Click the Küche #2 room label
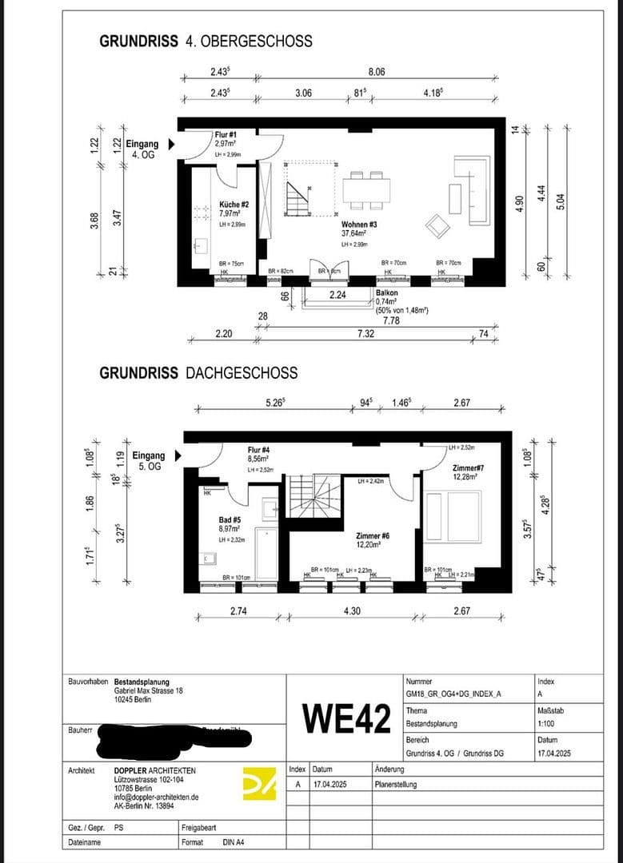click(x=234, y=205)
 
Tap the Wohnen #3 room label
click(x=359, y=225)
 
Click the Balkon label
click(x=388, y=293)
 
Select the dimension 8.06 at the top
click(x=377, y=72)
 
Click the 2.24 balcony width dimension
click(x=338, y=295)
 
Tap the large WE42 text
click(x=346, y=719)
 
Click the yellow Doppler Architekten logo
click(x=259, y=782)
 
